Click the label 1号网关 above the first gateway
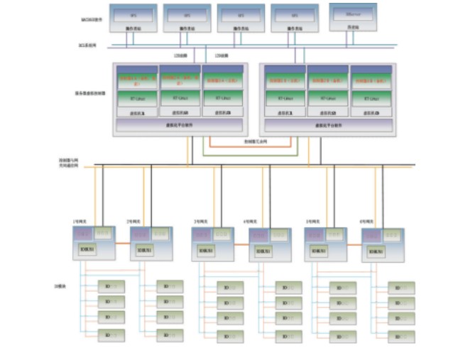click(x=80, y=222)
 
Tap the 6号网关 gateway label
click(x=368, y=222)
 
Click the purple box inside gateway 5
click(x=317, y=234)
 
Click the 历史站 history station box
click(x=352, y=17)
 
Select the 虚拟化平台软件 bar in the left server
click(x=179, y=125)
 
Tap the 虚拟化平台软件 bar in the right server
click(x=327, y=125)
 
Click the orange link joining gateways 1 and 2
click(x=122, y=244)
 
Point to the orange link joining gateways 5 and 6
click(x=354, y=246)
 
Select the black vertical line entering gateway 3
click(x=221, y=199)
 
